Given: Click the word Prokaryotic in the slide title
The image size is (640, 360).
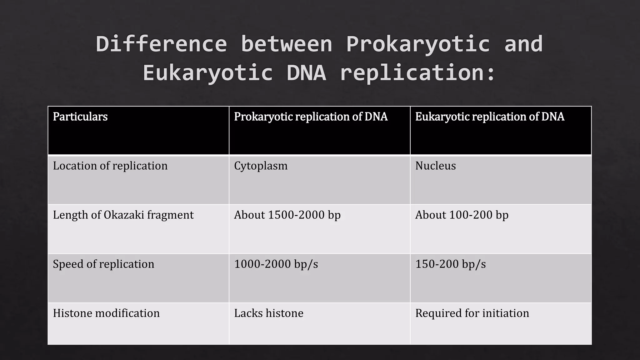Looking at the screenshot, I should [418, 44].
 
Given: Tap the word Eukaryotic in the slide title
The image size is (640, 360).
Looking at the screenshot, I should [207, 73].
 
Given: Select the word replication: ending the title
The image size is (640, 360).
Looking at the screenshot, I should [418, 73].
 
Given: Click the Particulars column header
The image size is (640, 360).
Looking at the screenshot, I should [80, 117].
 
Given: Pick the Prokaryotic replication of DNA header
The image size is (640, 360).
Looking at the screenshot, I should [311, 117].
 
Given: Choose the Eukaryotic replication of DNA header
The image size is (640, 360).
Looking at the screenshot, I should [490, 117].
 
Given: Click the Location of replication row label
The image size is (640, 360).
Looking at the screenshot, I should [110, 166].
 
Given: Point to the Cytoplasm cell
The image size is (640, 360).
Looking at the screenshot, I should [261, 166].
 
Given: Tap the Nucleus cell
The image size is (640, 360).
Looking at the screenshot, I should [435, 166].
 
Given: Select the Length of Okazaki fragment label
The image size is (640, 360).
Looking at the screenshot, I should [123, 215].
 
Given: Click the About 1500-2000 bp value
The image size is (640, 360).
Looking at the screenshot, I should [287, 215].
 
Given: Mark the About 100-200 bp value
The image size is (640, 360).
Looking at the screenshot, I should [462, 215].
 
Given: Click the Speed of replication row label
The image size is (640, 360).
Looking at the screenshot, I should [103, 264].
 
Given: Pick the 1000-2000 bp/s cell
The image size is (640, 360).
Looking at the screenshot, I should [276, 264].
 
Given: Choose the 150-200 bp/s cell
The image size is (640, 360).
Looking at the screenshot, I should [450, 264].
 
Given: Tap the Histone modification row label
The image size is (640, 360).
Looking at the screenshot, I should [106, 313].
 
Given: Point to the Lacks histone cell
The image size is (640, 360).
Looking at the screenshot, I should [269, 313].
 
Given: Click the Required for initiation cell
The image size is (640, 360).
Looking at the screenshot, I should [472, 313].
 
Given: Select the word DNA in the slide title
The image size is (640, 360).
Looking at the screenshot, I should [306, 73].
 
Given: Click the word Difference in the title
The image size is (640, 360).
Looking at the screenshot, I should [161, 44].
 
